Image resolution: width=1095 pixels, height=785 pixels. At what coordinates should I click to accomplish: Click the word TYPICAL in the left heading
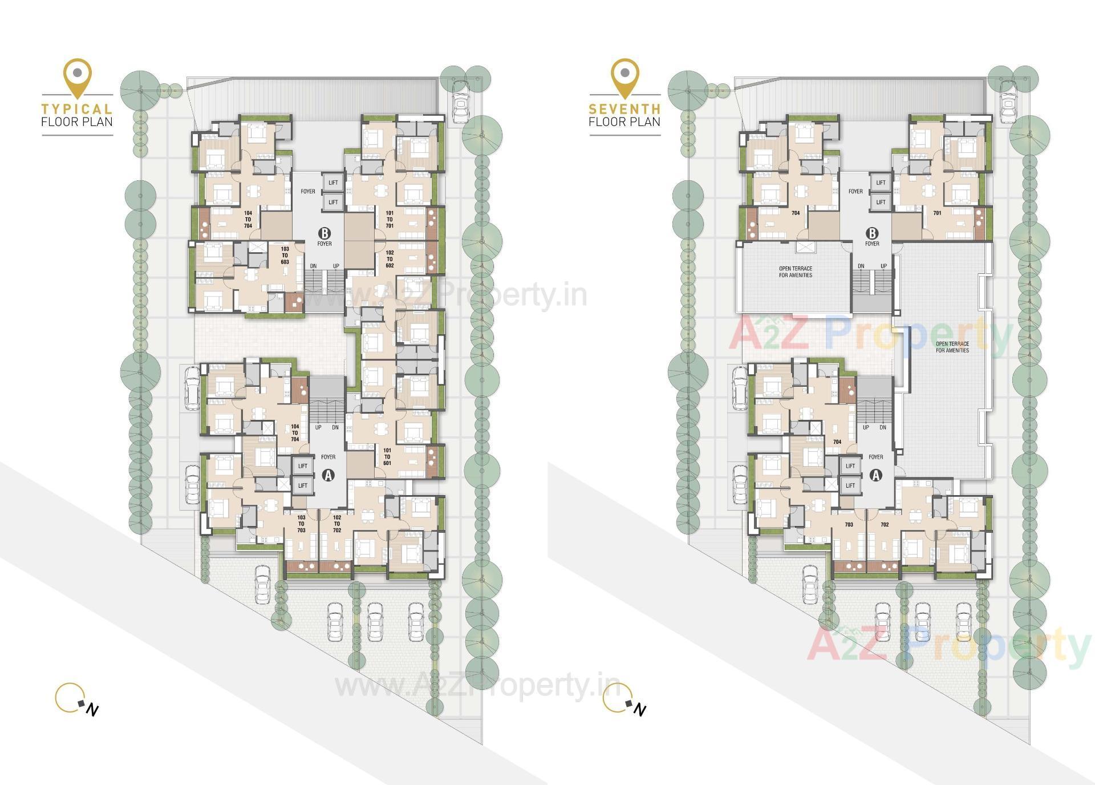[77, 108]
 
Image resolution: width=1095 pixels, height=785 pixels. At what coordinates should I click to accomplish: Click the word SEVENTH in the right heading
[624, 108]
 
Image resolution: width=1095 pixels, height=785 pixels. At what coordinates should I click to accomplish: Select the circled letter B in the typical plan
[325, 233]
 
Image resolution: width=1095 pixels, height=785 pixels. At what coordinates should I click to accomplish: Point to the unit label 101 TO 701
[390, 219]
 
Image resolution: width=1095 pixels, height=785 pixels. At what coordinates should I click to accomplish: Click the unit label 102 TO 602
[390, 259]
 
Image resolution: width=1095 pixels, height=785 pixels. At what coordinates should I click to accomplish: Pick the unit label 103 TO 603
[285, 256]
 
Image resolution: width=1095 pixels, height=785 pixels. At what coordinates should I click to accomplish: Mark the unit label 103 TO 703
[301, 524]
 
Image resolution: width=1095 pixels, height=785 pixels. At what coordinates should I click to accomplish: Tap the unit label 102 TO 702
[336, 524]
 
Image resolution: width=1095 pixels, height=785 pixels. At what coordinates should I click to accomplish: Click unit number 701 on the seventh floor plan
[937, 213]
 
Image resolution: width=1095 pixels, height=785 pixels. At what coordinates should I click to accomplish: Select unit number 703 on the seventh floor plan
[849, 524]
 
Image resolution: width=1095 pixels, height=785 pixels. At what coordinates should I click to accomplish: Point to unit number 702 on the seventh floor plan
[885, 524]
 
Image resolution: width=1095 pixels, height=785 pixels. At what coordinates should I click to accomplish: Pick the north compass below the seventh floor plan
[624, 700]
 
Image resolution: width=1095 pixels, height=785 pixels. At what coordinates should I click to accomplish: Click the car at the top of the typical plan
[461, 101]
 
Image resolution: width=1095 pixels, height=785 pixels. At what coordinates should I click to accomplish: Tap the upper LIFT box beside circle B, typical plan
[333, 183]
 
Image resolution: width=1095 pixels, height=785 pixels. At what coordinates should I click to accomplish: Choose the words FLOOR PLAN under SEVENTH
[624, 122]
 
